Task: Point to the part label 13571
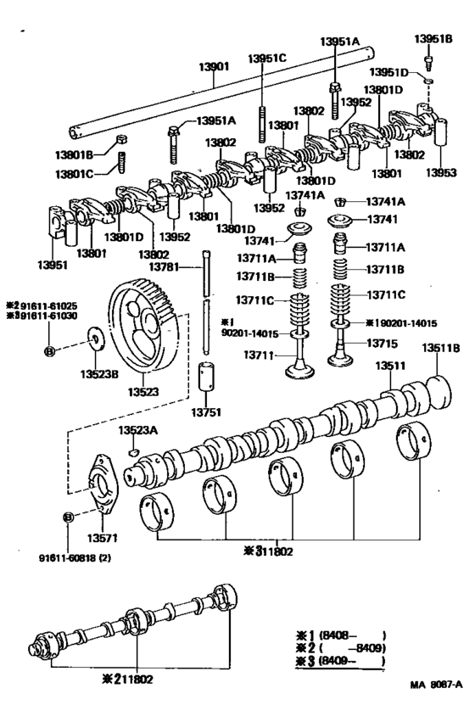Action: pos(101,537)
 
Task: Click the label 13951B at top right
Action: pos(433,39)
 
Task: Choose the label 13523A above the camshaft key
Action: pos(138,430)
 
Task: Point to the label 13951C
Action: pos(267,58)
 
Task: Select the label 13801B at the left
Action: pos(87,152)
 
